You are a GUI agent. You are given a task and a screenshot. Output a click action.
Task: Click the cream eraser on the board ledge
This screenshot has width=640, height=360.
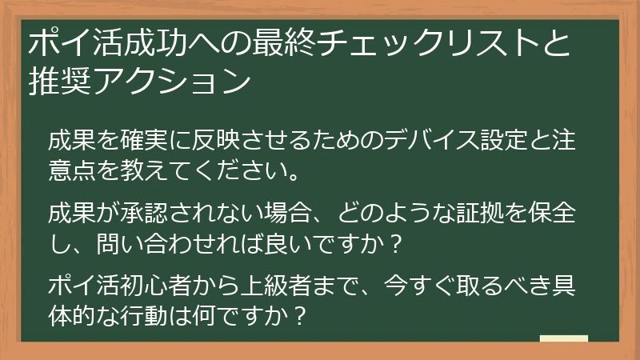coord(563,339)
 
